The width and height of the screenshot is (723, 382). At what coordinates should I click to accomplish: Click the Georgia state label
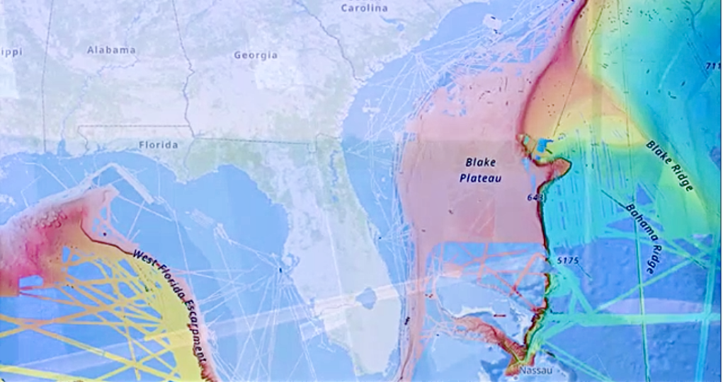(256, 54)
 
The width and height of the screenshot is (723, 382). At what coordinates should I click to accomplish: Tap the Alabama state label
(111, 50)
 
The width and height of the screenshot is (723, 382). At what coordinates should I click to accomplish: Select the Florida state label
(158, 144)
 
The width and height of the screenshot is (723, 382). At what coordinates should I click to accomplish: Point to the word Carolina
(364, 8)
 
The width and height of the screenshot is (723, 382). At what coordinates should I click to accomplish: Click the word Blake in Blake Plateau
(480, 163)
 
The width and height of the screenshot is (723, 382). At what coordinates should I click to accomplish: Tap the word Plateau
(480, 178)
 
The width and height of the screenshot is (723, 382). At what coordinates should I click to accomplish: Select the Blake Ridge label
(669, 165)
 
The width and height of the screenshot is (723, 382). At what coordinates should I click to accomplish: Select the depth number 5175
(568, 260)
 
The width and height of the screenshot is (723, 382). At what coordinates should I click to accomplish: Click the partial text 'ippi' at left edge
(11, 52)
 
